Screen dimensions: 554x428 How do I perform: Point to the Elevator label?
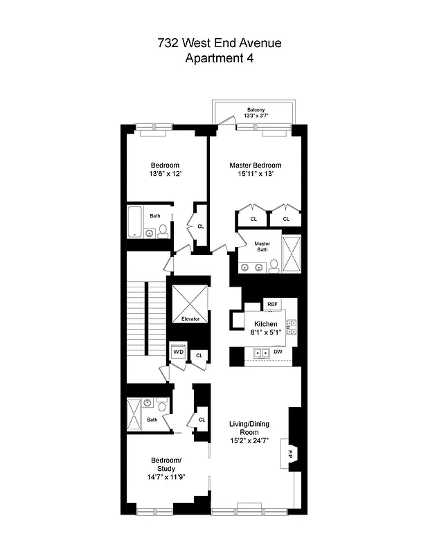coord(190,319)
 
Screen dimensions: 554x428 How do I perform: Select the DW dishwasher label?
coord(278,352)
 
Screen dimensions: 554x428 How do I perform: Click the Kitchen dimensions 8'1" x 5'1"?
coord(265,332)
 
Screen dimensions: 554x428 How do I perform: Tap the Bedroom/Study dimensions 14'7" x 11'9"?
coord(166,478)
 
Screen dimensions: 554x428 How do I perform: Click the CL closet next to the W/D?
coord(199,355)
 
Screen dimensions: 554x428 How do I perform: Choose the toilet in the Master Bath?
coord(274,264)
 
